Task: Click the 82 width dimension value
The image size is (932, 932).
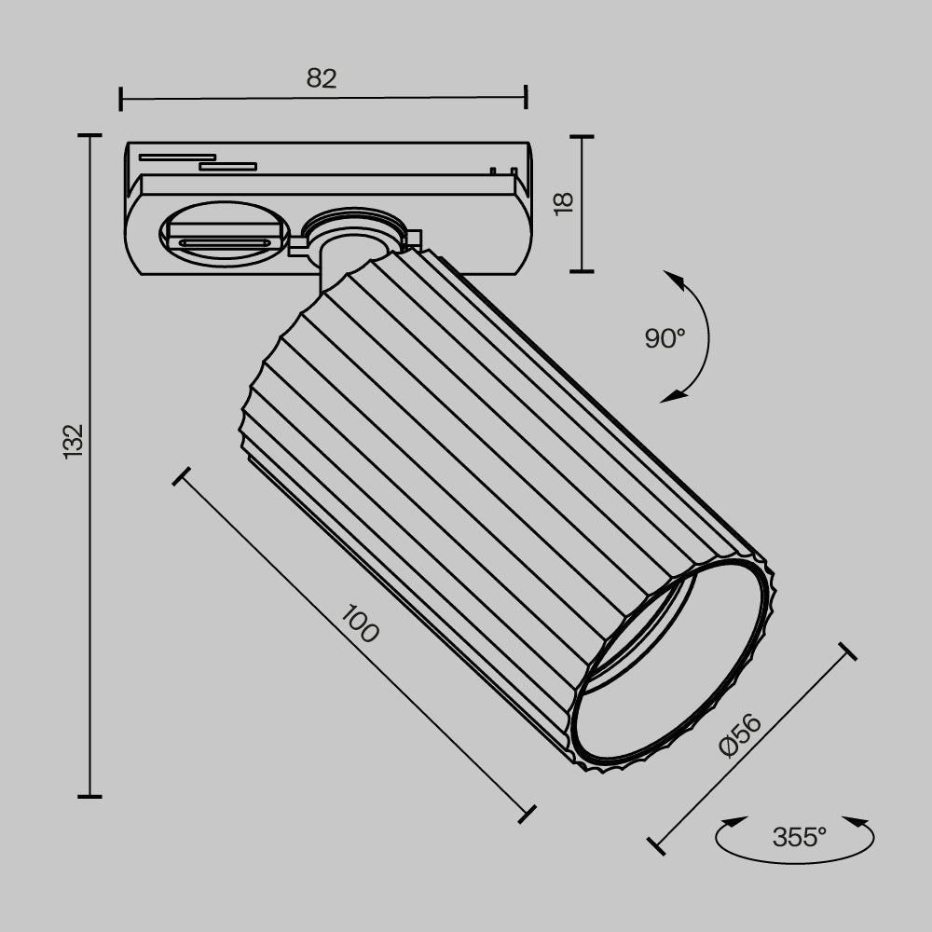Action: pyautogui.click(x=322, y=79)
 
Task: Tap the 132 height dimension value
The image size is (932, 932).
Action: pyautogui.click(x=74, y=440)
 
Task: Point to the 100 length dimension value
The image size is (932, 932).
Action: pyautogui.click(x=360, y=624)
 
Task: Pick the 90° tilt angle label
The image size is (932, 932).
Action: pyautogui.click(x=665, y=338)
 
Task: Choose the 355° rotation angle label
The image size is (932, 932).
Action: pyautogui.click(x=799, y=837)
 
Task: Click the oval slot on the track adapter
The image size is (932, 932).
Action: pyautogui.click(x=225, y=233)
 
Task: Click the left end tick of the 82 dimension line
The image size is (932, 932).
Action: pyautogui.click(x=121, y=98)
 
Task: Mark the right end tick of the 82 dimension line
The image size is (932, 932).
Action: pyautogui.click(x=526, y=97)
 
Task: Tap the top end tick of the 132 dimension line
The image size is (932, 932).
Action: pyautogui.click(x=89, y=136)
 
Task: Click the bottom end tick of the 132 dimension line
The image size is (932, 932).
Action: pyautogui.click(x=89, y=797)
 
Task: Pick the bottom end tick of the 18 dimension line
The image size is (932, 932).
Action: pyautogui.click(x=582, y=271)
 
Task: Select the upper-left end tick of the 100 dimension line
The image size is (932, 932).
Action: pyautogui.click(x=182, y=476)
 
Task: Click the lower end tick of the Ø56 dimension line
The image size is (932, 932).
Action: pyautogui.click(x=656, y=846)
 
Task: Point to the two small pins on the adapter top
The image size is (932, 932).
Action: pyautogui.click(x=502, y=171)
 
